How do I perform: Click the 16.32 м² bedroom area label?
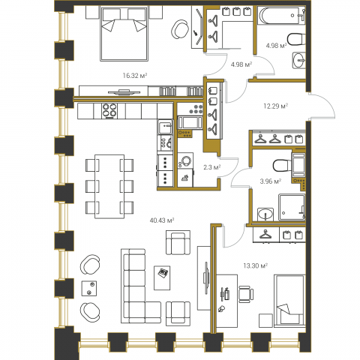point(134,76)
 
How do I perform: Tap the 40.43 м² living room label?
point(162,220)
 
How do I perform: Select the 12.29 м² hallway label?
point(275,106)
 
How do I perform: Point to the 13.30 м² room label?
point(256,265)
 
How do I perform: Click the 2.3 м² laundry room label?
point(211,167)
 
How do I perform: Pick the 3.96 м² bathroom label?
point(271,181)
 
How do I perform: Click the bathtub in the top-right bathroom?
point(281,16)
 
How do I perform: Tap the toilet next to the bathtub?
point(296,40)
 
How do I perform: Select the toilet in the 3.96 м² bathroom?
point(282,166)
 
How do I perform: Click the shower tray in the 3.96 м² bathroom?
point(292,207)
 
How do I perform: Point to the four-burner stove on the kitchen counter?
point(109,110)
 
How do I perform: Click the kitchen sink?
point(165,127)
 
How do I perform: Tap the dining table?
point(109,187)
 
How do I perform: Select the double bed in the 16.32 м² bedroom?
point(124,34)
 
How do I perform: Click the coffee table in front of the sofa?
point(162,277)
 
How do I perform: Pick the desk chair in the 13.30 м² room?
point(245,294)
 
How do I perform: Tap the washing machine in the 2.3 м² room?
point(185,160)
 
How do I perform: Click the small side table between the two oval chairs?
point(89,288)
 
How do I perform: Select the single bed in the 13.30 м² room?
point(289,301)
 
